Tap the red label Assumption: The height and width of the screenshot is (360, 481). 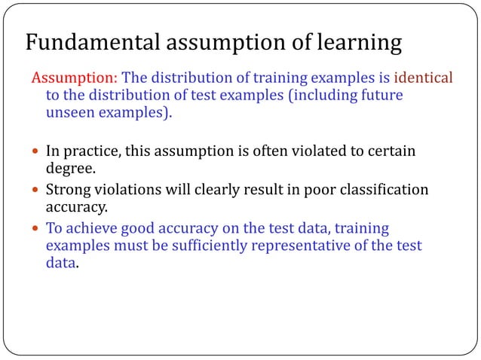pos(73,78)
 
